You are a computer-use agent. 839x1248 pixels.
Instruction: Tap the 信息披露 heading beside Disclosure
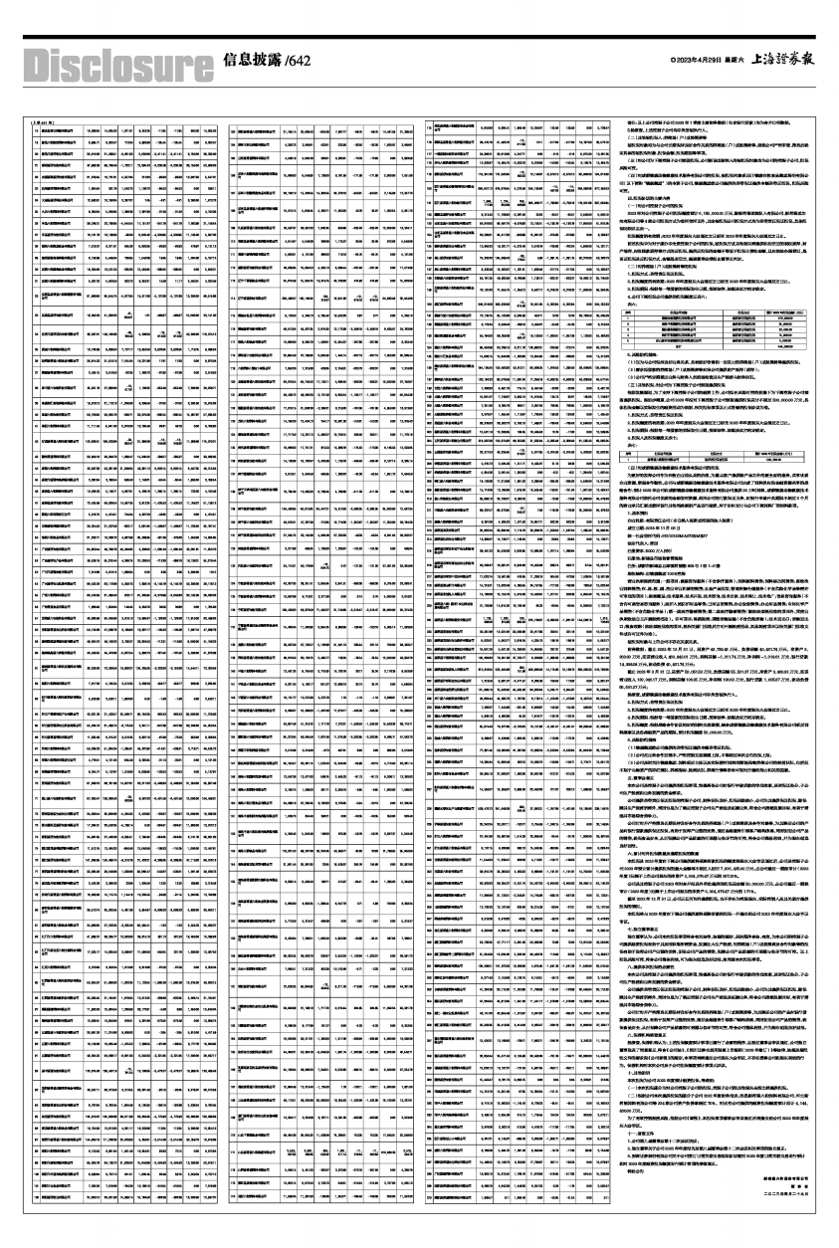(253, 60)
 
